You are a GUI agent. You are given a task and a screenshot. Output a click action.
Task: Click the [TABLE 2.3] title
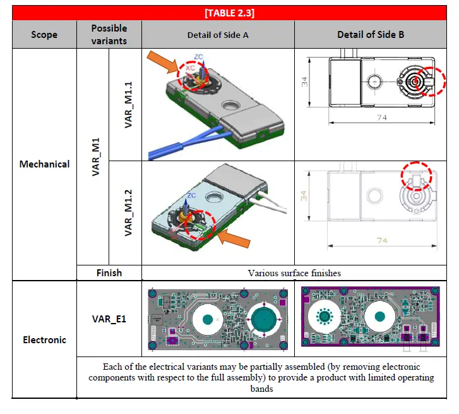[229, 12]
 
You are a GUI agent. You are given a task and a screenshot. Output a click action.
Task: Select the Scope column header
[44, 34]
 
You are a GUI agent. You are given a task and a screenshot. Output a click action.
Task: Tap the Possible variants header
[109, 34]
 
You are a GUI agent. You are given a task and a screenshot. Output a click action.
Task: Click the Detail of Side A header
[218, 35]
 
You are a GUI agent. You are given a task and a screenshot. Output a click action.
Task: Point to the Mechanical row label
[44, 164]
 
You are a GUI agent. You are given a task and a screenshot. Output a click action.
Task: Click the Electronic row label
[44, 339]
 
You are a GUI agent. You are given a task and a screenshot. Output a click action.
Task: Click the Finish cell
[109, 273]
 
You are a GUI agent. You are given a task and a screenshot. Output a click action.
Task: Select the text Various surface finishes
[294, 273]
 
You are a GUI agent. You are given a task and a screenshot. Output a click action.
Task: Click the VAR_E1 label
[109, 319]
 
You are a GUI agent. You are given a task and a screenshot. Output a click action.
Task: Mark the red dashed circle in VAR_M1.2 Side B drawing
[416, 177]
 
